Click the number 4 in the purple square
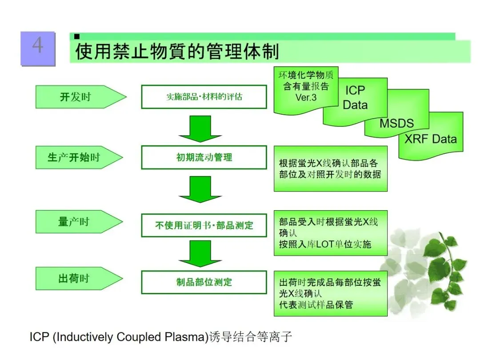click(x=38, y=46)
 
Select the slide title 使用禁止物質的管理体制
click(x=177, y=52)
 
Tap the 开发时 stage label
click(x=75, y=97)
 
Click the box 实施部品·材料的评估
click(x=204, y=96)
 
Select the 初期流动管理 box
click(x=204, y=157)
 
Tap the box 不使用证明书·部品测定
click(x=204, y=225)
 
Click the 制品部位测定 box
click(x=204, y=282)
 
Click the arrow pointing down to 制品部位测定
click(x=200, y=253)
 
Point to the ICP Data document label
click(x=355, y=98)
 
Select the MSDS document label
click(x=396, y=124)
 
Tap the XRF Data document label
click(x=430, y=139)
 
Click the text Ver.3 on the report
click(x=306, y=97)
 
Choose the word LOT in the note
click(x=325, y=244)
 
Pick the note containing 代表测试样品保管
click(x=330, y=293)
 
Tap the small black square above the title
click(x=77, y=36)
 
